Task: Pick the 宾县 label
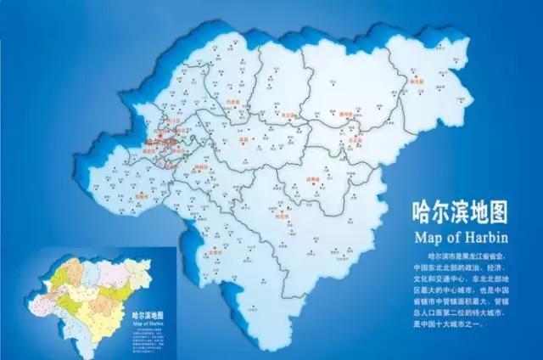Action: point(243,141)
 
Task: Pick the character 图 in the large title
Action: point(518,209)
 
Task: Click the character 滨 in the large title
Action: point(470,209)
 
